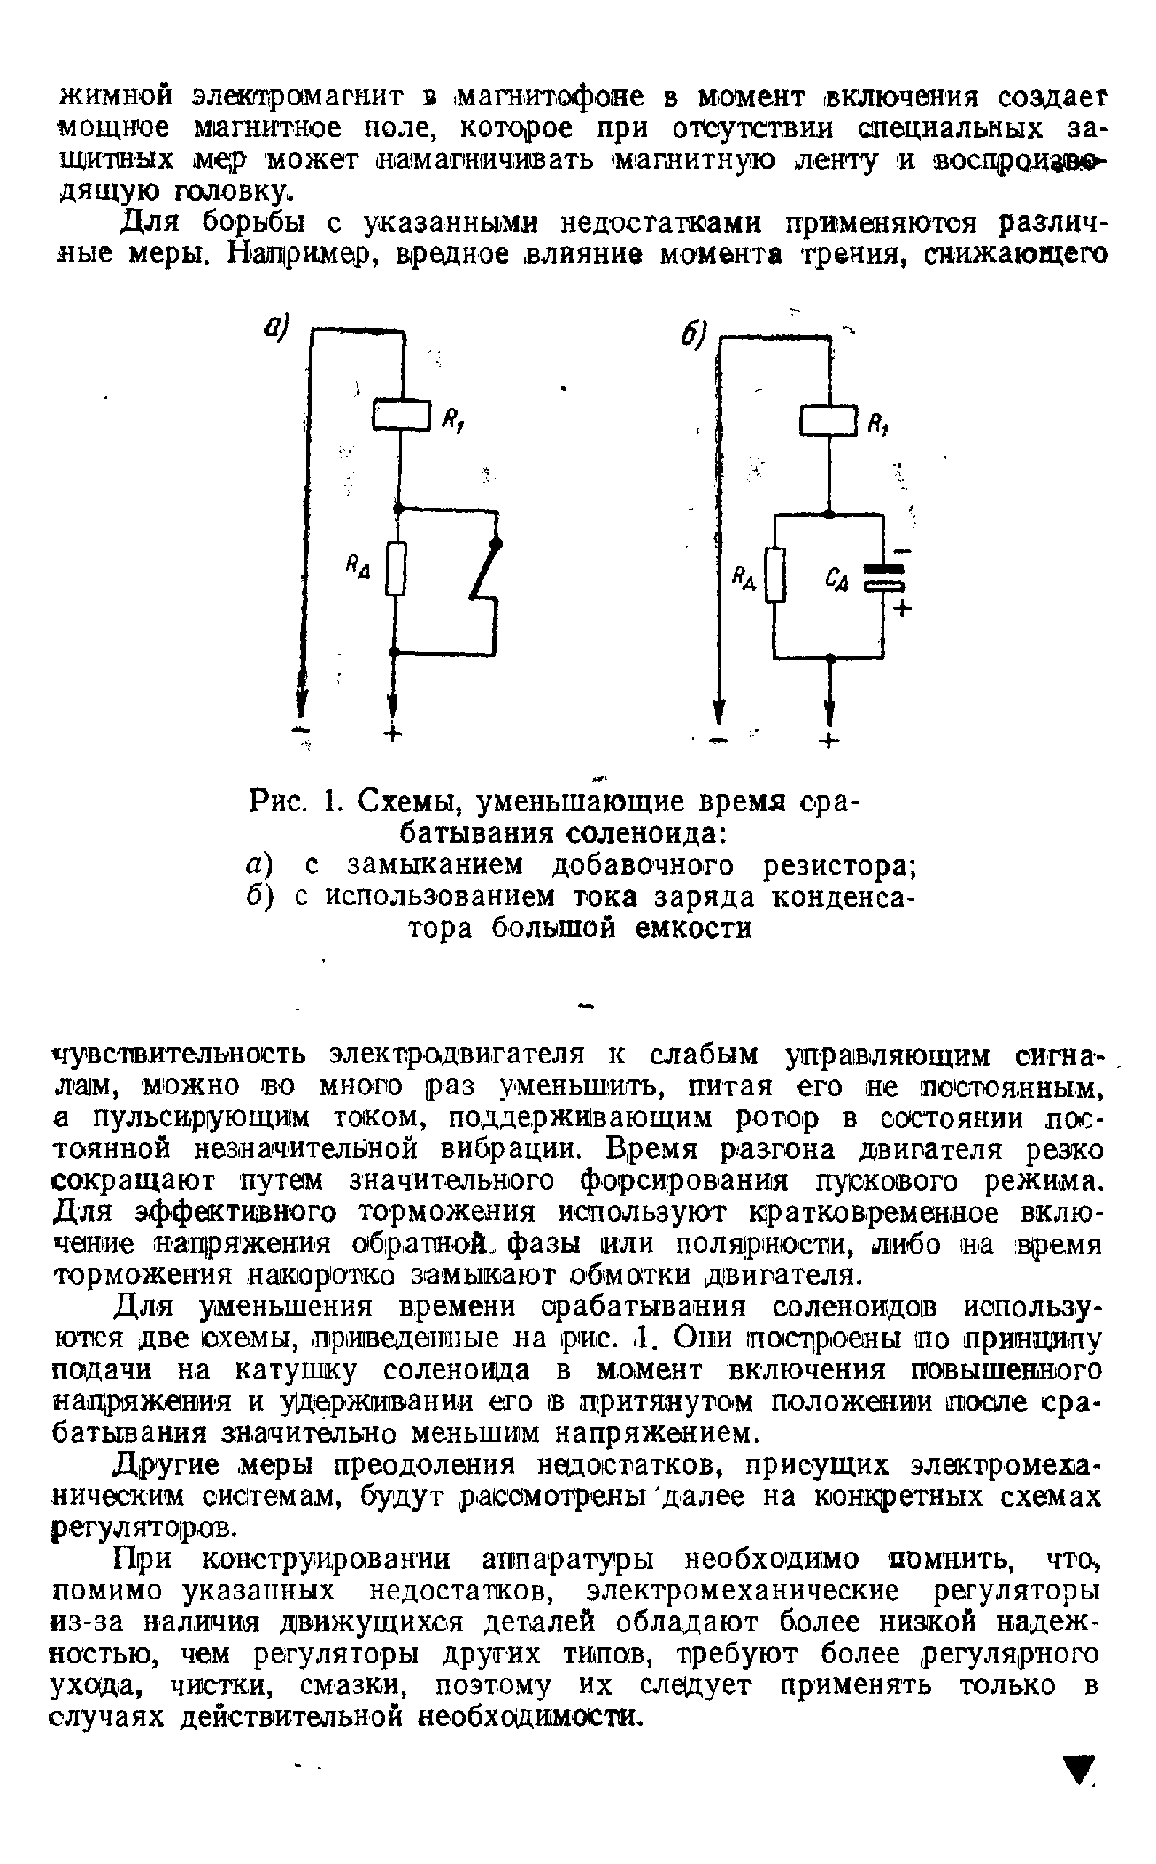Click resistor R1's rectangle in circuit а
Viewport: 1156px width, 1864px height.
pyautogui.click(x=401, y=415)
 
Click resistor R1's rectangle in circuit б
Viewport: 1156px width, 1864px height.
pyautogui.click(x=829, y=418)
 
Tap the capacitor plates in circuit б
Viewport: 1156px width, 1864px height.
pyautogui.click(x=882, y=576)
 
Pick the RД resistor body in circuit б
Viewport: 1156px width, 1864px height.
pyautogui.click(x=775, y=575)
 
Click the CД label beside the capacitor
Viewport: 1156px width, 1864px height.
pyautogui.click(x=836, y=579)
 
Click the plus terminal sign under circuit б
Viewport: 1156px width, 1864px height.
pyautogui.click(x=828, y=741)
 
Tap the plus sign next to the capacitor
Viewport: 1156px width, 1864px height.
pyautogui.click(x=905, y=609)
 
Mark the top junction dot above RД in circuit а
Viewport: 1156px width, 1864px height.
pyautogui.click(x=398, y=510)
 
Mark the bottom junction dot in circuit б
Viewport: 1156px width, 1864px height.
pyautogui.click(x=829, y=658)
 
